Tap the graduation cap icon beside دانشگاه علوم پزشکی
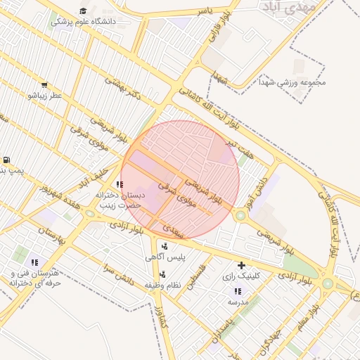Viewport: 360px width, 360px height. [x=83, y=11]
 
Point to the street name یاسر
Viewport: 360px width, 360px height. [x=204, y=11]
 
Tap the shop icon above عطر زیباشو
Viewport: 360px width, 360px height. [x=45, y=84]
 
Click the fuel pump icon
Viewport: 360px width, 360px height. [x=7, y=160]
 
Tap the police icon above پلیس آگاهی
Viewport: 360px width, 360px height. [x=165, y=246]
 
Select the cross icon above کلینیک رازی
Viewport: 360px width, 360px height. [x=241, y=265]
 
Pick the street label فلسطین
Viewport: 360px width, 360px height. [x=200, y=275]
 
